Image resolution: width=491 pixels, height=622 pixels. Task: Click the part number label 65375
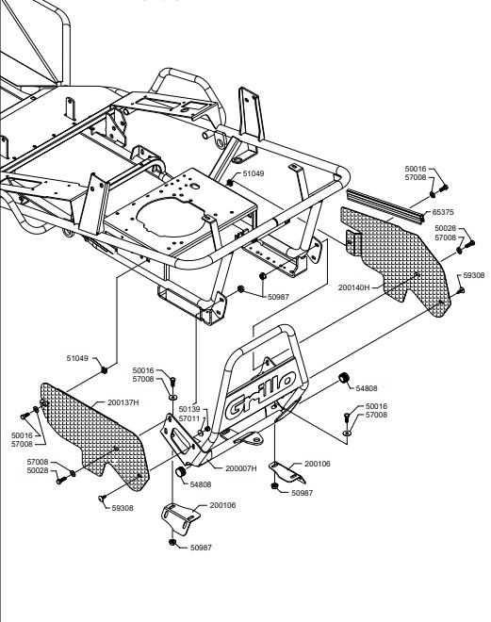pos(443,212)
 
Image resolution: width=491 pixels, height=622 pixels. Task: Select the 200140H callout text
pos(353,287)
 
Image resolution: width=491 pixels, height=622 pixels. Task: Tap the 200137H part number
pos(123,402)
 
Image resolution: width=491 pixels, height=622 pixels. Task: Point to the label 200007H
pos(240,468)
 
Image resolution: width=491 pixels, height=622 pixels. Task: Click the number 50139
pos(189,409)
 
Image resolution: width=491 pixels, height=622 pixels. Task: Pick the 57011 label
pos(189,418)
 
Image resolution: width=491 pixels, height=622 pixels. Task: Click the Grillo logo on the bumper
pos(260,395)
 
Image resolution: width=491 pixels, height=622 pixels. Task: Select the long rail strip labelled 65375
pos(385,205)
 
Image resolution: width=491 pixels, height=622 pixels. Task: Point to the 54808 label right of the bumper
pos(366,388)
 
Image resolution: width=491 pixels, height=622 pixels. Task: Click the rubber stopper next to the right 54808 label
pos(344,378)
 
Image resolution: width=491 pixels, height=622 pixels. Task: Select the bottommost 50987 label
pos(201,548)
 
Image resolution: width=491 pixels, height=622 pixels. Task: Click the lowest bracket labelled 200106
pos(180,516)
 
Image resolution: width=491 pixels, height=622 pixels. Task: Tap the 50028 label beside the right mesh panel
pos(446,228)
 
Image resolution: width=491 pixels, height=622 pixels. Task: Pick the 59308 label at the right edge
pos(473,275)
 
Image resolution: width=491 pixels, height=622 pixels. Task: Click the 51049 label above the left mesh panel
pos(77,358)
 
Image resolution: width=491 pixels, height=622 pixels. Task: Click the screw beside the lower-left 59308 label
pos(102,498)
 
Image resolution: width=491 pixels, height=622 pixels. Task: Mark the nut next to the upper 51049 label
pos(230,183)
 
